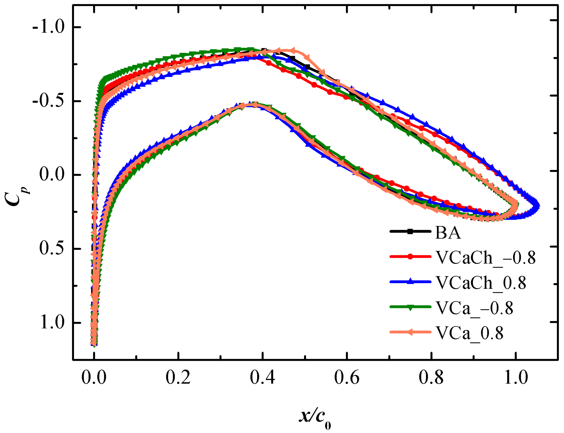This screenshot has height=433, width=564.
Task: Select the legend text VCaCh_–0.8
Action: pos(485,258)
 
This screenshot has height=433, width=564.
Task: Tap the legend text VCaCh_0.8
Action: pos(480,283)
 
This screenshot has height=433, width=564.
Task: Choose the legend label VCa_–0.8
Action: pos(474,308)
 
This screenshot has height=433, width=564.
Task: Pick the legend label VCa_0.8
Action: pos(469,333)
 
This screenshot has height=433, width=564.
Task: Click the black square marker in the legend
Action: pos(410,232)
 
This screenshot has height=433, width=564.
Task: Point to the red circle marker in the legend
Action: pos(410,256)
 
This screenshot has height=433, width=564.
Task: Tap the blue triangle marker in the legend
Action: pos(410,281)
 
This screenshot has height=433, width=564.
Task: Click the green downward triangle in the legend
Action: pos(410,307)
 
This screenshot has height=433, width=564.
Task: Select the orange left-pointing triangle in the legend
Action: pos(410,332)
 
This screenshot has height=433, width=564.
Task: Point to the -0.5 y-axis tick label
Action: pos(48,101)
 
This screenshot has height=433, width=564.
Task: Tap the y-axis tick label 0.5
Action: pos(52,249)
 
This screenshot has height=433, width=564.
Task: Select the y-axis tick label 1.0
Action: pos(52,322)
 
